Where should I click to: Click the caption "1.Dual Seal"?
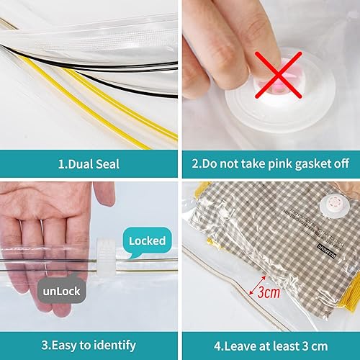tap(89, 164)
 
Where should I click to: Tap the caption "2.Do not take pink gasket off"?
tap(270, 164)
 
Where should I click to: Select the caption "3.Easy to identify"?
tap(89, 345)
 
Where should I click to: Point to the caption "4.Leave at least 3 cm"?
tap(270, 345)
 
